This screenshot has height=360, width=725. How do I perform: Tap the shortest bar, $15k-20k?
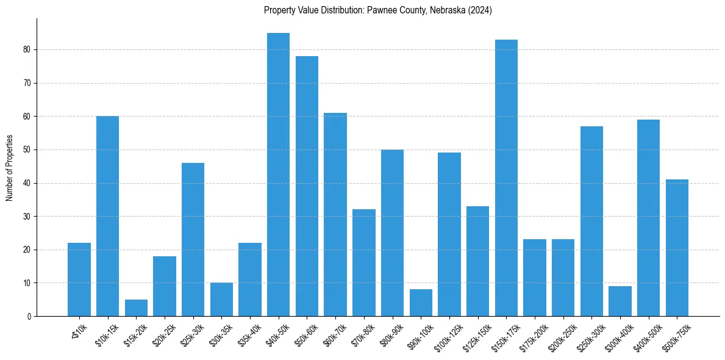pyautogui.click(x=136, y=308)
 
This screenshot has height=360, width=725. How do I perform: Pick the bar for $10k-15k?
pyautogui.click(x=107, y=216)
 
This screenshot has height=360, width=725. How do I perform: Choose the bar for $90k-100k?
pyautogui.click(x=421, y=303)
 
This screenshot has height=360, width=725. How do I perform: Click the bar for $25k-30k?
pyautogui.click(x=193, y=239)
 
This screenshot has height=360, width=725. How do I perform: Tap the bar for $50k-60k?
pyautogui.click(x=307, y=186)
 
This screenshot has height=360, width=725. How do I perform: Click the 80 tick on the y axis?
pyautogui.click(x=27, y=49)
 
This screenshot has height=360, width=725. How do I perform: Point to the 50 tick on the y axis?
pyautogui.click(x=27, y=149)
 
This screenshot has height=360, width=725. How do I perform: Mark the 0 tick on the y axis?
pyautogui.click(x=29, y=316)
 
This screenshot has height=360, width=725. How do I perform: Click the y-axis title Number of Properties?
pyautogui.click(x=9, y=168)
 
